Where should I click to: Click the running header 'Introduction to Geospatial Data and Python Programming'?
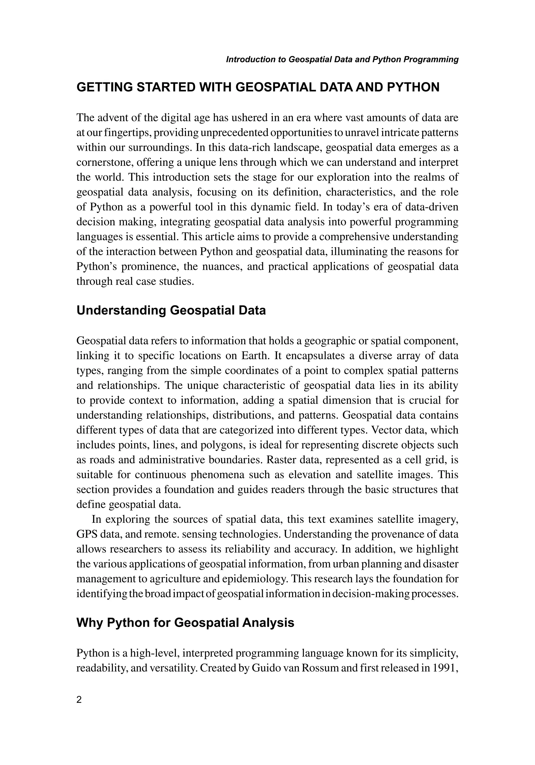click(x=342, y=60)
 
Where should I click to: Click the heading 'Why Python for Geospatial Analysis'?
click(x=185, y=623)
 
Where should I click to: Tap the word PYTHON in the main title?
click(x=413, y=88)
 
